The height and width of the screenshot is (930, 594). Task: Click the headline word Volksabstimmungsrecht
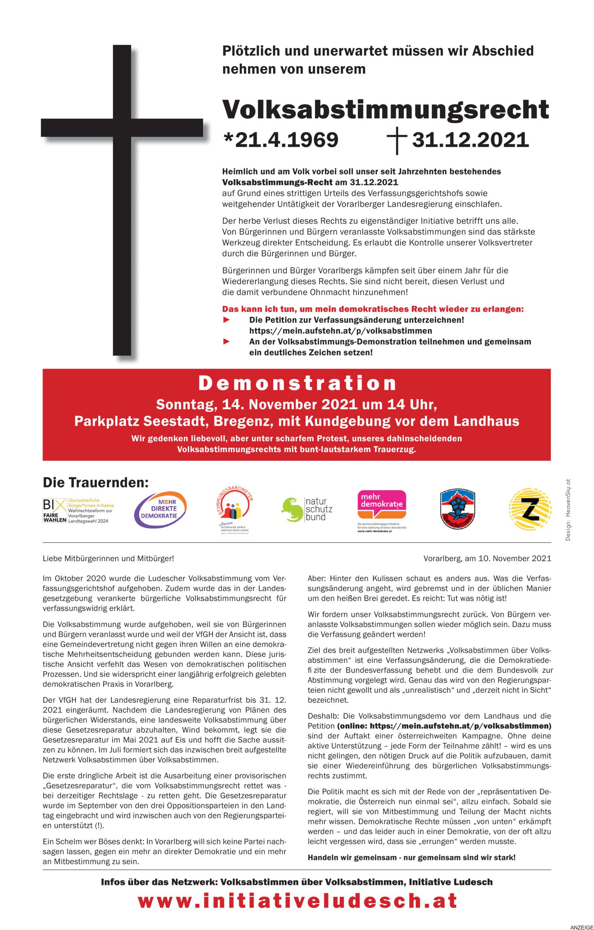tap(385, 110)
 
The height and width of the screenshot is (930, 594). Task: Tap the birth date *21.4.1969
tap(281, 140)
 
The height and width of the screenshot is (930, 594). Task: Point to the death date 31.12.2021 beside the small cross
tap(470, 140)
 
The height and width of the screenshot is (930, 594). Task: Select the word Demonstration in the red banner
tap(297, 383)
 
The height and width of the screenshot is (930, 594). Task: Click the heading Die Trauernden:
tap(95, 482)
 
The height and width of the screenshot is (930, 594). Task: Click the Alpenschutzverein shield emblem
tap(457, 510)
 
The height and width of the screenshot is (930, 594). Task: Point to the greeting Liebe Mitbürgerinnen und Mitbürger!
tap(108, 558)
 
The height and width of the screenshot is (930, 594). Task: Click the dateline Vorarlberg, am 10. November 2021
tap(487, 558)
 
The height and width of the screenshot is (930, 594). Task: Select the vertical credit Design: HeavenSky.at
tap(568, 510)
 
